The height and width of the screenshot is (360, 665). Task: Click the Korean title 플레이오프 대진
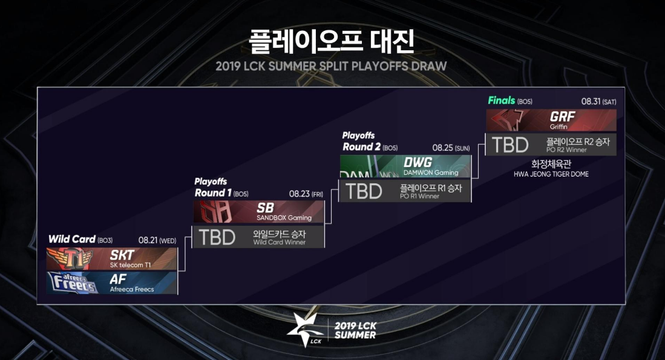332,40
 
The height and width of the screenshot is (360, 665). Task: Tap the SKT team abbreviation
122,255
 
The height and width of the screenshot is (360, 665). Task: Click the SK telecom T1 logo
75,259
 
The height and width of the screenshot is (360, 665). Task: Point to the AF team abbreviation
118,279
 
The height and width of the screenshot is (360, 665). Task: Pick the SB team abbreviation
265,208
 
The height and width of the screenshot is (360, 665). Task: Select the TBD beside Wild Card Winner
217,237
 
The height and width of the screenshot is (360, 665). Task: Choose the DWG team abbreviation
417,162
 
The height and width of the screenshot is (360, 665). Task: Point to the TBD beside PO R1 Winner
364,191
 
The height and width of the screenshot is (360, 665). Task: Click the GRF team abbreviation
563,117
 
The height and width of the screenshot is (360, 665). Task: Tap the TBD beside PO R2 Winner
510,145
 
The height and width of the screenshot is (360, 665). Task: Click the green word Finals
501,100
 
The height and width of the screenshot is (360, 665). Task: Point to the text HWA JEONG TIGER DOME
551,174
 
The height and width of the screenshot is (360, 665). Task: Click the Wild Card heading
71,239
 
